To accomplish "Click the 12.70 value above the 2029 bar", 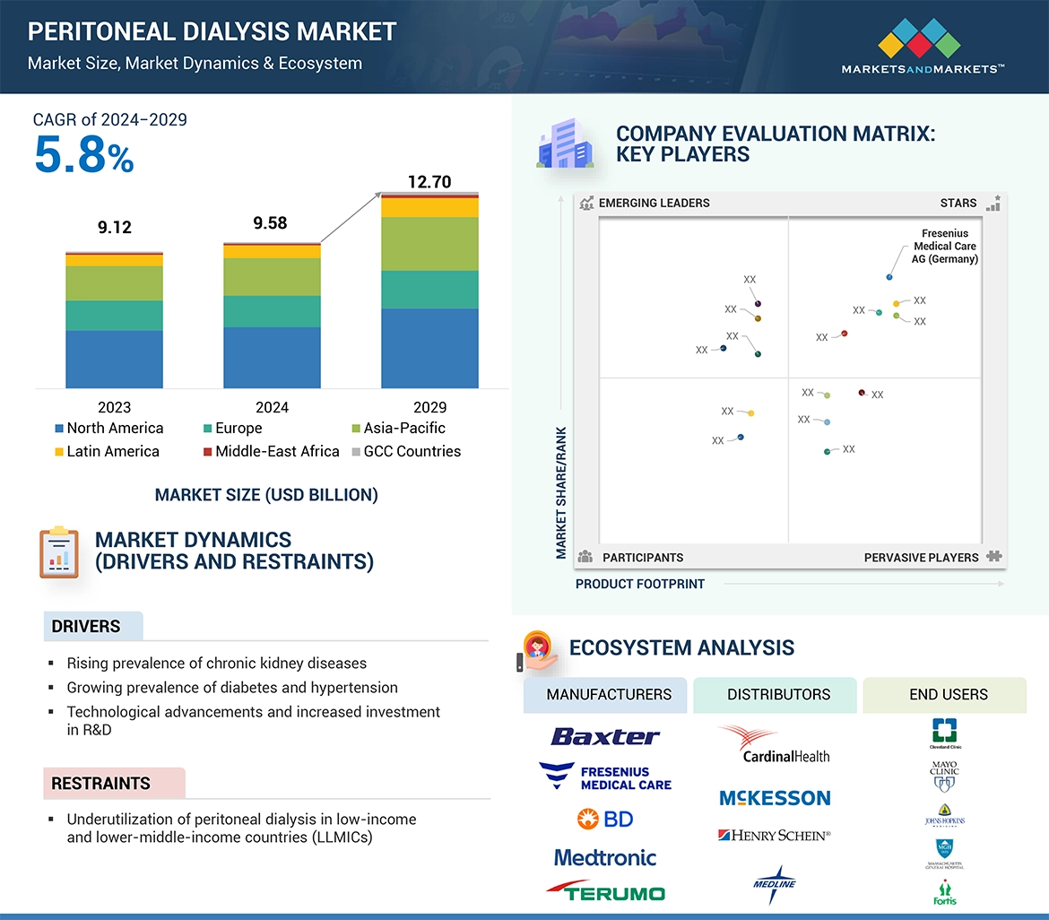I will [x=429, y=182].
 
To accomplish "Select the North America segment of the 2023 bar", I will [x=114, y=359].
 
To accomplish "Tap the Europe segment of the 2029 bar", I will [x=429, y=290].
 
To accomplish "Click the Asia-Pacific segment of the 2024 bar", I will [x=272, y=277].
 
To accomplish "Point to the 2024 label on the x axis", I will [x=272, y=407].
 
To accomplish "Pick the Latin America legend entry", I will [x=106, y=452].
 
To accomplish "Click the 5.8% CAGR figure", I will [x=83, y=155].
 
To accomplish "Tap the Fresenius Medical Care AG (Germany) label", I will [x=945, y=247].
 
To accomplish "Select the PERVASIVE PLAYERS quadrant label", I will [x=921, y=558].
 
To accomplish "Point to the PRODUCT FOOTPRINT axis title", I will [x=640, y=585].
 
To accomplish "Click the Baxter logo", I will [x=605, y=737].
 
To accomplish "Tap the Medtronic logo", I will [x=605, y=858].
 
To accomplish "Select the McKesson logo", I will [x=775, y=798].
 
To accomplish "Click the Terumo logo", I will [x=605, y=891].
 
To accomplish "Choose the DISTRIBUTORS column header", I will [x=778, y=695].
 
